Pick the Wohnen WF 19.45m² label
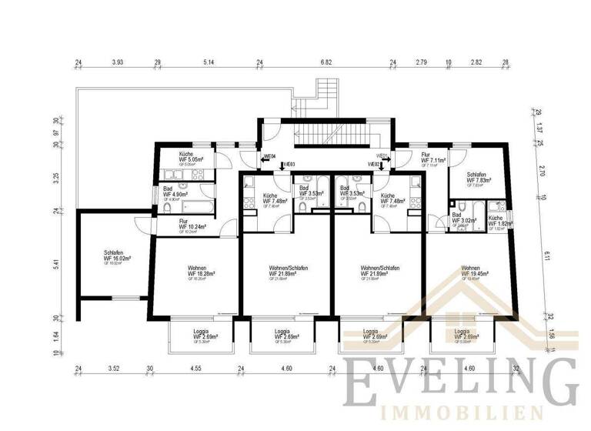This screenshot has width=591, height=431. [x=476, y=272]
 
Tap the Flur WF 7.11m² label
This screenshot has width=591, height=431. [x=431, y=159]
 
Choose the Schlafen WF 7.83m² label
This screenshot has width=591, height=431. [x=479, y=179]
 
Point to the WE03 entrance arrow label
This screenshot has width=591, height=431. [x=287, y=164]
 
